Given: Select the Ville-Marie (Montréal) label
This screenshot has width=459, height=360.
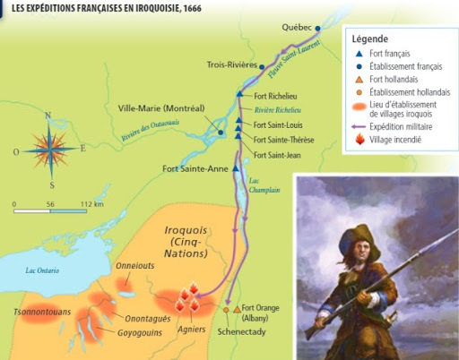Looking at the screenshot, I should pyautogui.click(x=164, y=108).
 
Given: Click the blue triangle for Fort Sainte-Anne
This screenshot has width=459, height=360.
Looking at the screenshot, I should pyautogui.click(x=236, y=167).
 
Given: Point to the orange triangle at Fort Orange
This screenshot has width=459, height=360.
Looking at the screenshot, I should pyautogui.click(x=237, y=309).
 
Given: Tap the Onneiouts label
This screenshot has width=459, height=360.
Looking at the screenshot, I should pyautogui.click(x=135, y=266).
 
